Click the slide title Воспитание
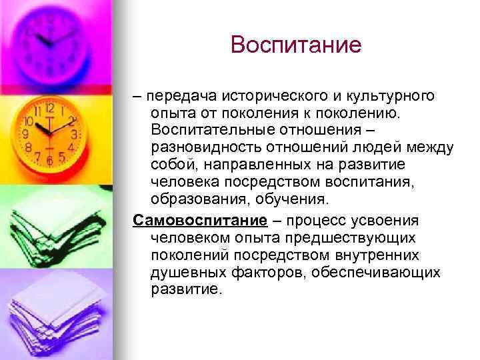pyautogui.click(x=295, y=45)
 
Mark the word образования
pyautogui.click(x=197, y=199)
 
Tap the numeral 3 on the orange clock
pyautogui.click(x=75, y=133)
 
